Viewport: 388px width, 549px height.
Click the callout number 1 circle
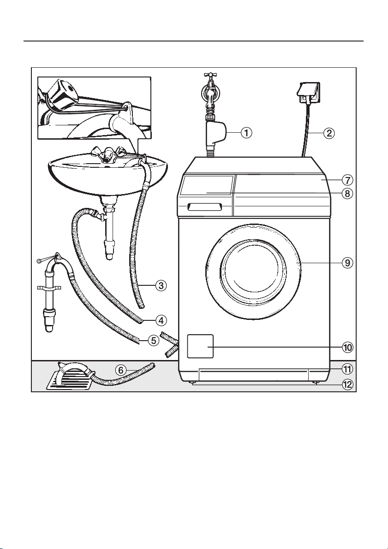[x=247, y=133]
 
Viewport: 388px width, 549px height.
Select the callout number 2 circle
[x=329, y=133]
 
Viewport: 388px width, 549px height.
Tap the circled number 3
[x=161, y=286]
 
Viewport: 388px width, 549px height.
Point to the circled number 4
[x=161, y=320]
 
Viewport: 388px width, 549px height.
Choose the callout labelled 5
[x=153, y=340]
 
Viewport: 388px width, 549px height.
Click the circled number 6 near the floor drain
[x=121, y=370]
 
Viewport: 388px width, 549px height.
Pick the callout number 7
[x=347, y=180]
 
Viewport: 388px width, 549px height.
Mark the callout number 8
[x=347, y=193]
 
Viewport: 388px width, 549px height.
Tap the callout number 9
[x=347, y=263]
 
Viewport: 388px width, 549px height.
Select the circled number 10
[x=347, y=347]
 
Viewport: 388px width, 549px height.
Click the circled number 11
[x=347, y=369]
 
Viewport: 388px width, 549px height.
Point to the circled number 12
[x=347, y=384]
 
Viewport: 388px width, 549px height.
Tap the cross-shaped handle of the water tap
[x=209, y=76]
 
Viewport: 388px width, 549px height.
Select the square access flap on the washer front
[x=200, y=346]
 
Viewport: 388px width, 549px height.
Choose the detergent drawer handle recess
[x=205, y=207]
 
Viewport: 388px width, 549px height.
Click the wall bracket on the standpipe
[x=49, y=289]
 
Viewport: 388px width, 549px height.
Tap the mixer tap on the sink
[x=106, y=155]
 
